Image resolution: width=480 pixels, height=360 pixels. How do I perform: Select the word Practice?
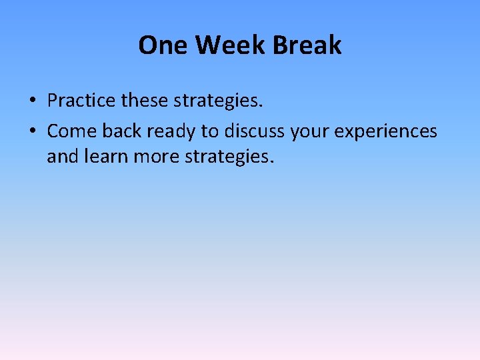pos(82,101)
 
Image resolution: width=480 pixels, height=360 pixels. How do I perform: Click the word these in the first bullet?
pos(145,101)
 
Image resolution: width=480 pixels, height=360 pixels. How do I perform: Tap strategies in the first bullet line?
pos(216,102)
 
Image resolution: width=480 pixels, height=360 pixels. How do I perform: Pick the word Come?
pos(71,131)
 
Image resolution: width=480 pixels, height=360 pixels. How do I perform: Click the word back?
pos(122,131)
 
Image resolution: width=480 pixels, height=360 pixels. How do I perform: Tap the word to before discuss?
pos(210,131)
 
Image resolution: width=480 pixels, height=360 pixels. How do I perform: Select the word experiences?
pos(386,132)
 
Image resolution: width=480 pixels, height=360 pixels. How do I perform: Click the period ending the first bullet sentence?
pos(262,107)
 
